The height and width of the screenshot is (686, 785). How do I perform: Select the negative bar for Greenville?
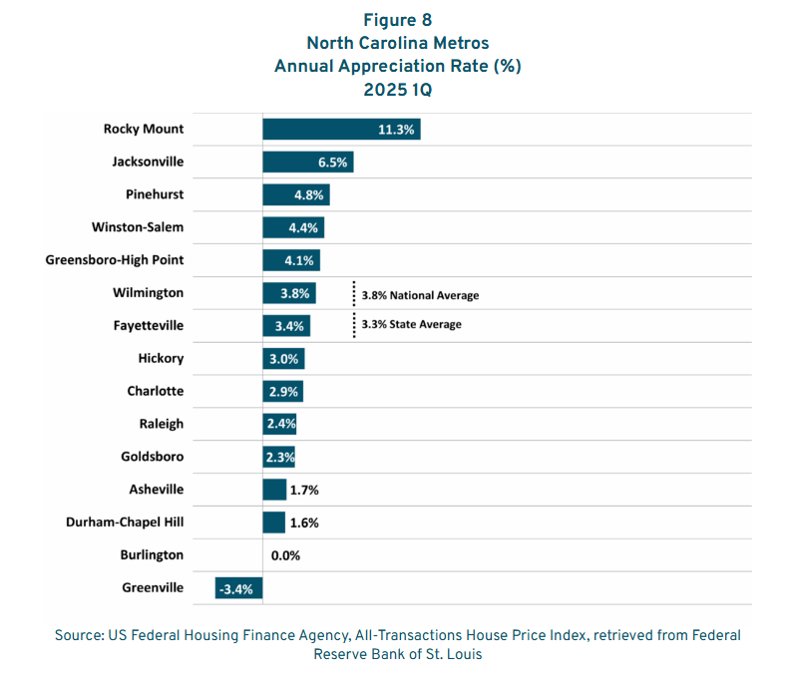pos(238,588)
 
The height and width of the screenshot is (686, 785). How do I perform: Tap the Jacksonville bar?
pos(307,162)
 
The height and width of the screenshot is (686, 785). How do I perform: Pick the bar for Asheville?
pos(274,490)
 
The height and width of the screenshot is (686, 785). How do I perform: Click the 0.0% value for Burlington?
pos(285,555)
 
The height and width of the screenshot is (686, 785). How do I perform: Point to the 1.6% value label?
pos(304,522)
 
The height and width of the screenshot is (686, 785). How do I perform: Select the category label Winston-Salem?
pos(137,227)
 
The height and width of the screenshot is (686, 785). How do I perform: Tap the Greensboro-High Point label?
pos(115,260)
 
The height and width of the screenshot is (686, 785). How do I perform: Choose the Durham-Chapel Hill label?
pos(125,522)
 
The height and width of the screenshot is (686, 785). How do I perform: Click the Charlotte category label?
pos(156,391)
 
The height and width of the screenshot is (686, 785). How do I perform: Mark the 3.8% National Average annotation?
pos(420,295)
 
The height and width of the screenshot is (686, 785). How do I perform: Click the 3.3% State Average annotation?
pos(412,324)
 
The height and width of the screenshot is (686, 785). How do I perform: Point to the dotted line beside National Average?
pos(353,294)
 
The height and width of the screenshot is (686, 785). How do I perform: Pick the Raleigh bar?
pos(279,424)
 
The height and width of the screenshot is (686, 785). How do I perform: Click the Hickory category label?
pos(162,358)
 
